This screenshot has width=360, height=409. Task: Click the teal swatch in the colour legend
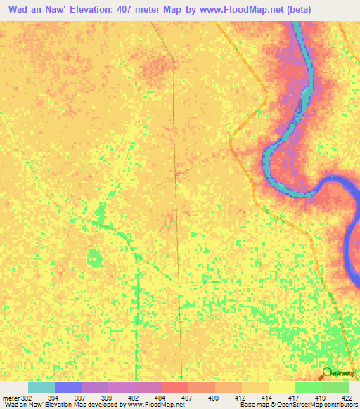pyautogui.click(x=41, y=387)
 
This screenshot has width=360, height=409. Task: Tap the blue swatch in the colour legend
pyautogui.click(x=68, y=387)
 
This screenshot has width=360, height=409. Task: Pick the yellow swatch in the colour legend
pyautogui.click(x=282, y=387)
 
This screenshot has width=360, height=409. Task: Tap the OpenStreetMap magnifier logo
pyautogui.click(x=327, y=372)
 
